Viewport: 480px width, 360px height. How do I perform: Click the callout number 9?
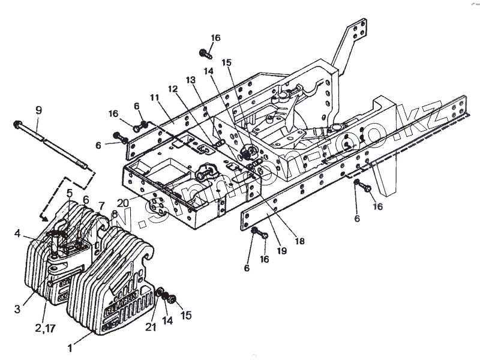[38, 110]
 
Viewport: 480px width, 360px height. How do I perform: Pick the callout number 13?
[191, 80]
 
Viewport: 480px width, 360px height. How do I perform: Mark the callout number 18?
[299, 241]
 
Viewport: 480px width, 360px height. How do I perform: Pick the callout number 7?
[101, 206]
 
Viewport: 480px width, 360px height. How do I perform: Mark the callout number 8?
[113, 214]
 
